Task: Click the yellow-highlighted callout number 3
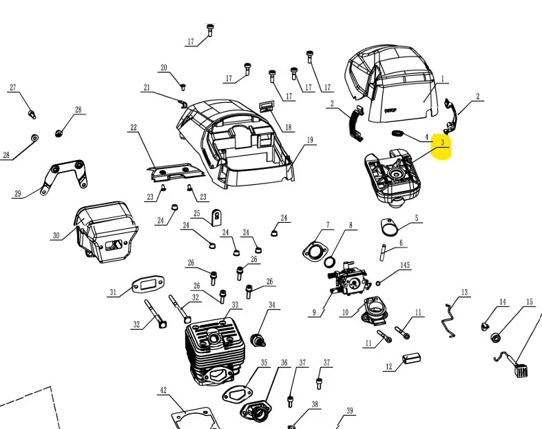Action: click(x=442, y=142)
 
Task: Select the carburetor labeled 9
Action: click(x=349, y=279)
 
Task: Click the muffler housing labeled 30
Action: click(x=106, y=231)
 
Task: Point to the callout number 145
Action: click(x=405, y=265)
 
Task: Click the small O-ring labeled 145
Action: click(x=378, y=283)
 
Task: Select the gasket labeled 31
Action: click(x=148, y=286)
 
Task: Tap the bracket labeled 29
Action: click(x=65, y=176)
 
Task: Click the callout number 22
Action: click(x=134, y=128)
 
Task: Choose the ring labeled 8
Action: click(x=330, y=262)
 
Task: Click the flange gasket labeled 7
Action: click(x=315, y=250)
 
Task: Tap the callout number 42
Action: click(x=163, y=390)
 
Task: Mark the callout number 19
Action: click(x=310, y=140)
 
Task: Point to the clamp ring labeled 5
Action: click(x=389, y=227)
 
